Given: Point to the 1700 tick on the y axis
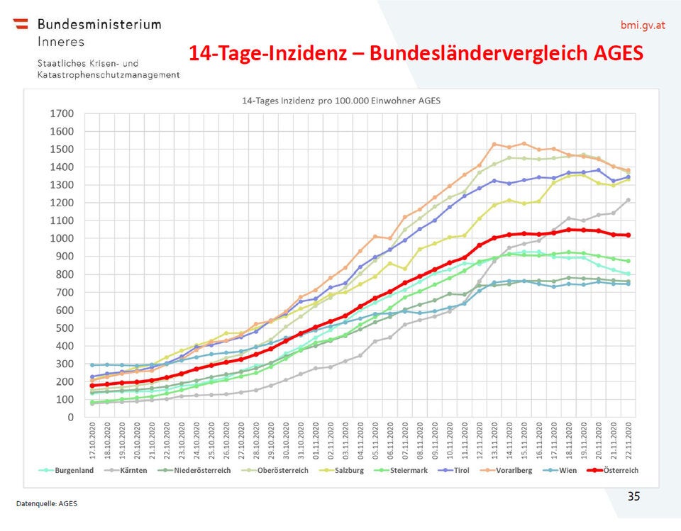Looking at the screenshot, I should tap(62, 113).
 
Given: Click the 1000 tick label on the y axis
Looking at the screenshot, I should tap(62, 239).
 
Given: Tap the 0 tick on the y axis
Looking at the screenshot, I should tap(71, 418).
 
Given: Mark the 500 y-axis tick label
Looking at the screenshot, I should tap(65, 328).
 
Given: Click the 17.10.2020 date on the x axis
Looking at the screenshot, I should tap(92, 441).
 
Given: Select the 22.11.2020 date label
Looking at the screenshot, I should tap(628, 441).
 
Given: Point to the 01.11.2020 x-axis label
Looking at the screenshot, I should tap(315, 441).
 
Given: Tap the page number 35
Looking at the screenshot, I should tap(633, 496).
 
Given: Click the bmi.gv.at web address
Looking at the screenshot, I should tap(643, 26).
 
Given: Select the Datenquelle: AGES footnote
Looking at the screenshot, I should tap(47, 503).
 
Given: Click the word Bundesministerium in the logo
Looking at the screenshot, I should tap(99, 24).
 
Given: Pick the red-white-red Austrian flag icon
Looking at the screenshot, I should tap(21, 24).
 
